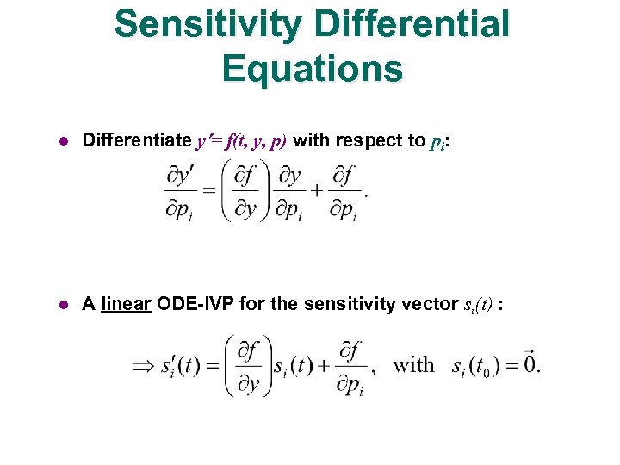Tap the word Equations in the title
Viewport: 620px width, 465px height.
point(312,69)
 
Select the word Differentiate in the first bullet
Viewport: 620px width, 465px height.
point(136,140)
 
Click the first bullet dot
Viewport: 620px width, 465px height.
point(62,140)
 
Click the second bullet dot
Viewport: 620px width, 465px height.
point(62,304)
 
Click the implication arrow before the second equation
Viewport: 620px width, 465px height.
point(144,365)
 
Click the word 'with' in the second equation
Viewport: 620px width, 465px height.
point(413,365)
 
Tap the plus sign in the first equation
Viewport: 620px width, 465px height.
point(317,190)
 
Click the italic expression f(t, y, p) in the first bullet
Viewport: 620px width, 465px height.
point(255,141)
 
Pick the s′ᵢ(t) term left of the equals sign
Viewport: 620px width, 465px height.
point(179,366)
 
